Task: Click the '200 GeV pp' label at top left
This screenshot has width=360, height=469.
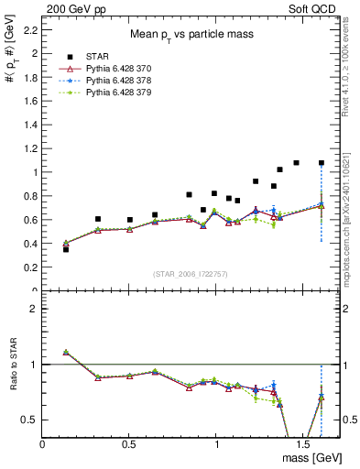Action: coord(71,7)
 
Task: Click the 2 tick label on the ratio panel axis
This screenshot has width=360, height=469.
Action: coord(33,309)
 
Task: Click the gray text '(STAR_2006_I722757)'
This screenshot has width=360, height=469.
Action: coord(191,275)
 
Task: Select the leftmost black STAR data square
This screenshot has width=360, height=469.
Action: coord(66,249)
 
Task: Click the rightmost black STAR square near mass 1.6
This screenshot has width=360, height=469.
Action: coord(321,163)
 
